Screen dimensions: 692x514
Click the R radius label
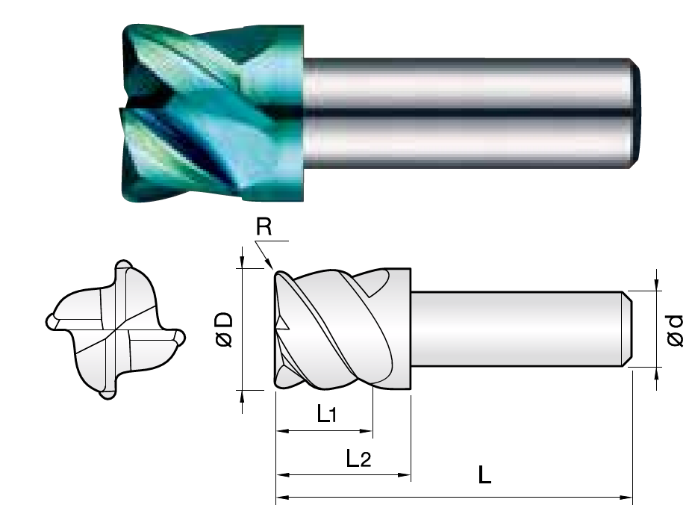point(264,227)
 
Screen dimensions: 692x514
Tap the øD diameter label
point(224,329)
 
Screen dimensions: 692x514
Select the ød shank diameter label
point(675,330)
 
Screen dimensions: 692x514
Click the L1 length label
point(327,414)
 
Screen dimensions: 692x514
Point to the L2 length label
point(358,459)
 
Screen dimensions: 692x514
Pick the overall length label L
point(484,475)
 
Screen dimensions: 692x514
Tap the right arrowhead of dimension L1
point(367,430)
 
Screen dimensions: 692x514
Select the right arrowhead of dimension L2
point(405,475)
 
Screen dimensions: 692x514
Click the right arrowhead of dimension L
point(627,498)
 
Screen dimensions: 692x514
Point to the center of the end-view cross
point(116,329)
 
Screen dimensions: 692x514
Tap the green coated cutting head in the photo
point(213,114)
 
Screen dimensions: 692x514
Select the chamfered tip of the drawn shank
point(628,329)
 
